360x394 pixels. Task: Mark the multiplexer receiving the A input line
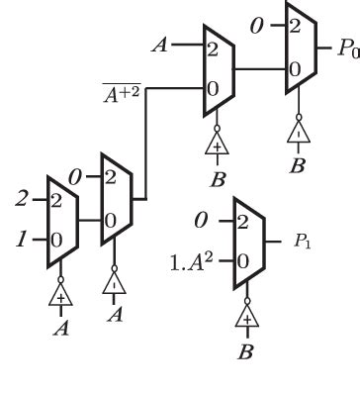(215, 68)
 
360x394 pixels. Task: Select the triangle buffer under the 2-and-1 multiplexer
(61, 294)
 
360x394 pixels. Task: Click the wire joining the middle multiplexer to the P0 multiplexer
(259, 69)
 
